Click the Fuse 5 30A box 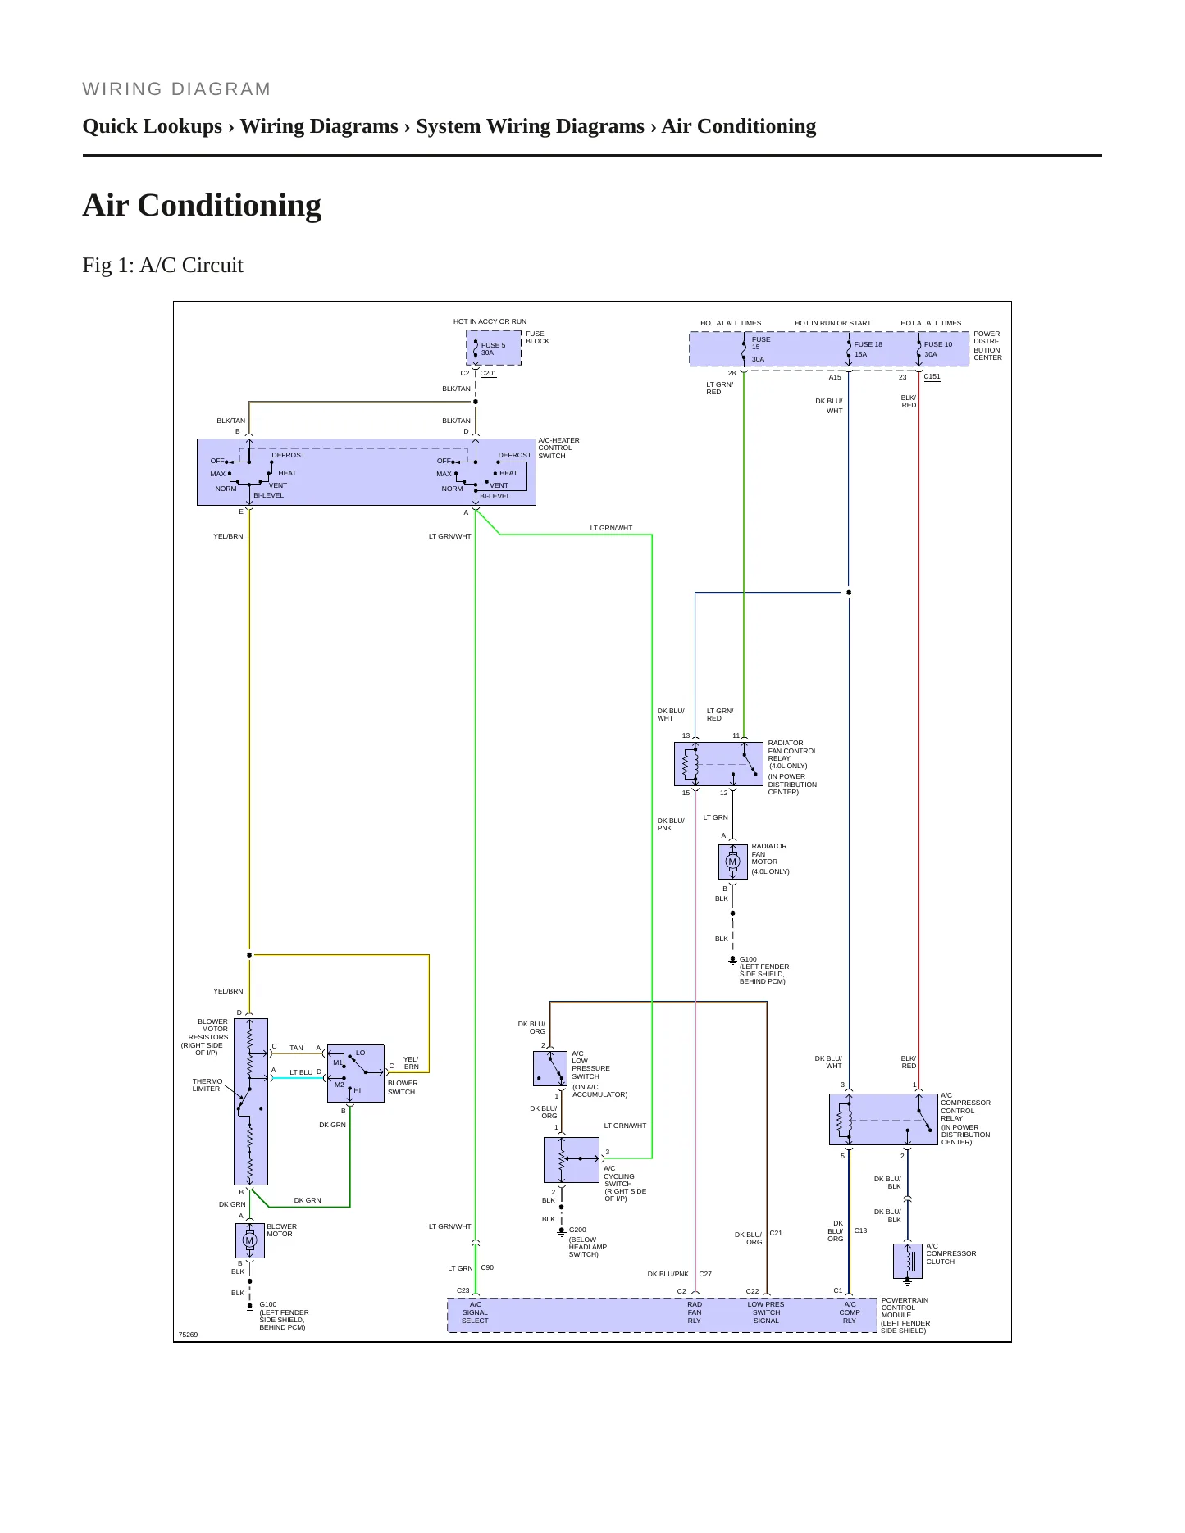[494, 348]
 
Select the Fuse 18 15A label [868, 349]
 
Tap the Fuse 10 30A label [938, 349]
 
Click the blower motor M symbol [249, 1240]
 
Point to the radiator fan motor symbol [732, 862]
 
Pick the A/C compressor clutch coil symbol [908, 1261]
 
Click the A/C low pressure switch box [550, 1068]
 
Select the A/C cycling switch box [572, 1159]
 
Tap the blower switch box [355, 1074]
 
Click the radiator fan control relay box [718, 764]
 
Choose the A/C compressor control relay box [883, 1119]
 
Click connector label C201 [488, 373]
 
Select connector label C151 [932, 377]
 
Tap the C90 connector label [487, 1267]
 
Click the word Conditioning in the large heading [230, 205]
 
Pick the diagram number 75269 [188, 1335]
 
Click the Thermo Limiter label [207, 1085]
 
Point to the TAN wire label [296, 1048]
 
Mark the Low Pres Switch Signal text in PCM [766, 1312]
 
